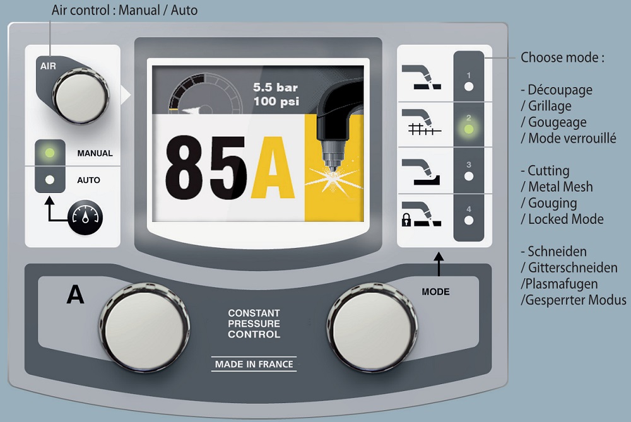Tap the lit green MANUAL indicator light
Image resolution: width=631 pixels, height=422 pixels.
pos(50,153)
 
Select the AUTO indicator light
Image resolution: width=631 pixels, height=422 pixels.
pos(50,180)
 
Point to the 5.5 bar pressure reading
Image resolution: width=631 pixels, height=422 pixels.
pos(275,87)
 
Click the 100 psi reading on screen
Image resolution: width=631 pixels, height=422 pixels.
pos(275,101)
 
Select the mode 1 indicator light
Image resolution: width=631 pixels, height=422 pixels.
pos(468,85)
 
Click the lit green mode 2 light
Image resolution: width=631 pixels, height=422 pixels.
pos(468,129)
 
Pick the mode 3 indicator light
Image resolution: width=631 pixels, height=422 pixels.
pos(468,176)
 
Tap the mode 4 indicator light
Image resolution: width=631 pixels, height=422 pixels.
pos(468,220)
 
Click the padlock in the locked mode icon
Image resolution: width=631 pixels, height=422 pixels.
pos(406,221)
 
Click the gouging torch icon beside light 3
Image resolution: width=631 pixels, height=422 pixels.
pos(421,171)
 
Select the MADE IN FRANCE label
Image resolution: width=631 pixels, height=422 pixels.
pos(254,364)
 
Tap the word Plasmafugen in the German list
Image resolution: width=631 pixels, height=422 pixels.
pos(558,284)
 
